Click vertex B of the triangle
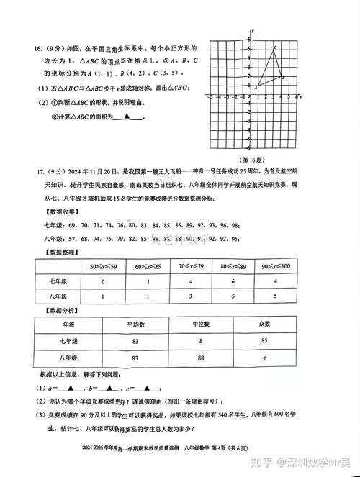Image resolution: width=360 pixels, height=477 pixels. pos(282,78)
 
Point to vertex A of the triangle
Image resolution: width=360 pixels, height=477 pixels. pos(257,86)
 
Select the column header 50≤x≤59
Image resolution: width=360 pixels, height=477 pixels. pos(104,267)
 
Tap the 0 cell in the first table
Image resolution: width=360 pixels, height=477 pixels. pos(104,281)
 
